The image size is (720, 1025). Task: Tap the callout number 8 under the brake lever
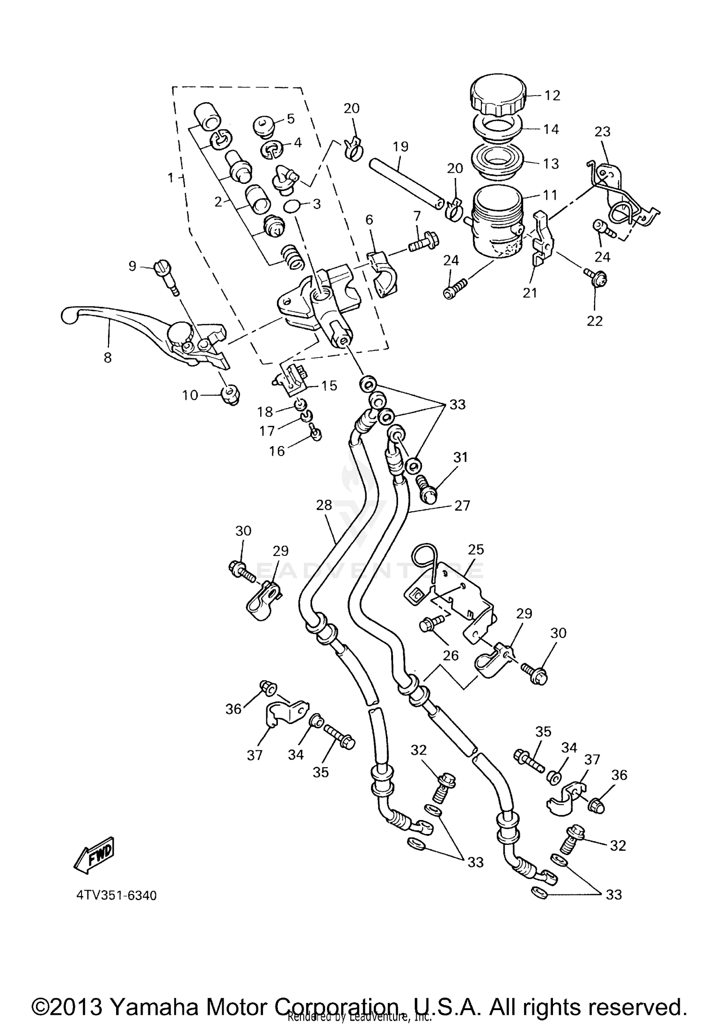(x=108, y=357)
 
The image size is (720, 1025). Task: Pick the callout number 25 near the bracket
(x=476, y=549)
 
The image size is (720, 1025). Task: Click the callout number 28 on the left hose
(x=324, y=505)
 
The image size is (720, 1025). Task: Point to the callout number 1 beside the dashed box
(x=170, y=178)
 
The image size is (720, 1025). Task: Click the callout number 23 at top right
(x=602, y=131)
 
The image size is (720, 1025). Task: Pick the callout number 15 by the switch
(x=329, y=386)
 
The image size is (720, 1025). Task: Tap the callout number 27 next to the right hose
(x=462, y=506)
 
